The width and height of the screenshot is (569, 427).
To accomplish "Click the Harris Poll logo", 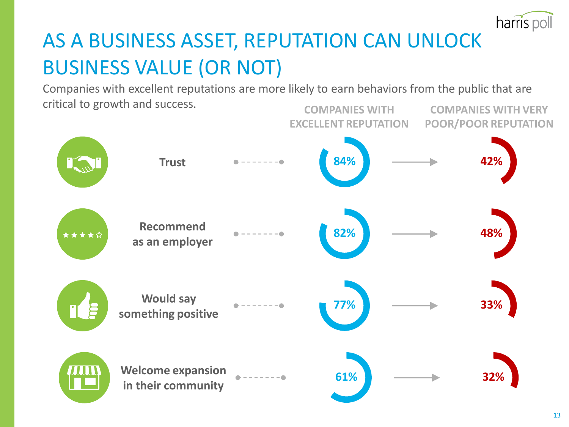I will pyautogui.click(x=524, y=22).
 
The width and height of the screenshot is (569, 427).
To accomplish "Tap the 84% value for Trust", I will pyautogui.click(x=344, y=161).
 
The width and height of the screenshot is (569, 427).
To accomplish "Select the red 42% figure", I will pyautogui.click(x=491, y=161).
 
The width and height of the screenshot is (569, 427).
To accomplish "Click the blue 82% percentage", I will pyautogui.click(x=344, y=233).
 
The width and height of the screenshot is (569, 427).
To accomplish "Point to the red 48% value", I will pyautogui.click(x=491, y=233).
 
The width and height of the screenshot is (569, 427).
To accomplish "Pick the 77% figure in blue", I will pyautogui.click(x=344, y=305).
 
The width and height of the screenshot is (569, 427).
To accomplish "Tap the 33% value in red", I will pyautogui.click(x=491, y=305).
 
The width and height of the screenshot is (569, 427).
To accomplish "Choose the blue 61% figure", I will pyautogui.click(x=346, y=377).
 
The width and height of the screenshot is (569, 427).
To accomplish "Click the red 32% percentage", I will pyautogui.click(x=493, y=377).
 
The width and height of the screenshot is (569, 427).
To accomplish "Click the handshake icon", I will pyautogui.click(x=83, y=162).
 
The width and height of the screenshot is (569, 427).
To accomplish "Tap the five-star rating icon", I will pyautogui.click(x=83, y=235).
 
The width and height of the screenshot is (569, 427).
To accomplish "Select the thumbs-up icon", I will pyautogui.click(x=83, y=306).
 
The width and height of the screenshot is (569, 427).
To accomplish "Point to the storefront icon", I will pyautogui.click(x=84, y=377).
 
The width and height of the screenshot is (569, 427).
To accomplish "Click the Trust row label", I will pyautogui.click(x=172, y=162).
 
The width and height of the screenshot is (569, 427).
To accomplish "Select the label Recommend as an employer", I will pyautogui.click(x=172, y=234).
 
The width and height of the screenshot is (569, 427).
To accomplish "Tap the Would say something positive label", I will pyautogui.click(x=168, y=306).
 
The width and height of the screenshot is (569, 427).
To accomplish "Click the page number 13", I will pyautogui.click(x=557, y=415).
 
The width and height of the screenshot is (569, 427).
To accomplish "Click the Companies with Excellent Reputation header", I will pyautogui.click(x=349, y=117).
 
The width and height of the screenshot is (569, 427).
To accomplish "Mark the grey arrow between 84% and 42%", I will pyautogui.click(x=415, y=162).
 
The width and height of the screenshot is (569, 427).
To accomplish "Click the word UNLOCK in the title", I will pyautogui.click(x=444, y=41).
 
